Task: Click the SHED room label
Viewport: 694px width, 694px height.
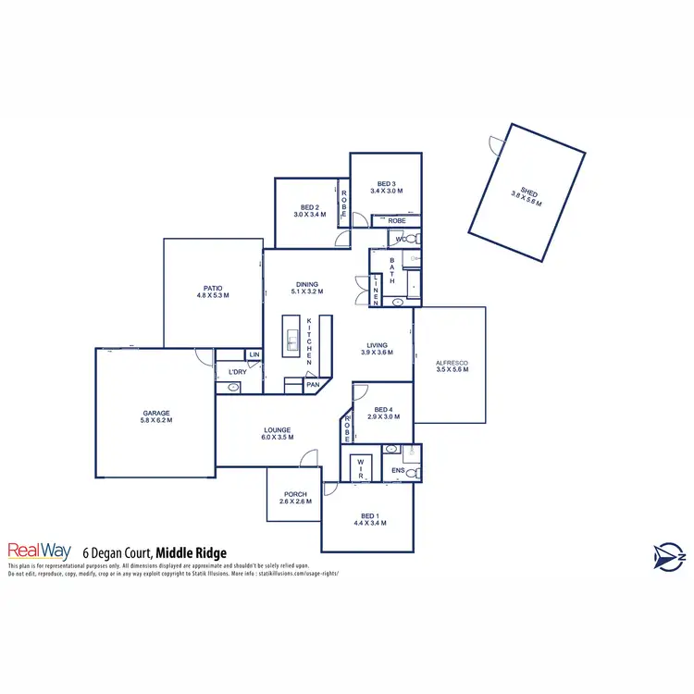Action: (527, 195)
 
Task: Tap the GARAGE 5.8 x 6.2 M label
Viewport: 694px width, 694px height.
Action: (156, 417)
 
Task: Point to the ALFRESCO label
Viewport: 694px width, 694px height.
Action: (452, 366)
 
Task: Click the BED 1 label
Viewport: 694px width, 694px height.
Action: (369, 519)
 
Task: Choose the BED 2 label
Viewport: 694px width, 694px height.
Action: (310, 210)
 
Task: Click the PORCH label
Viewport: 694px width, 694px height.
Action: (295, 498)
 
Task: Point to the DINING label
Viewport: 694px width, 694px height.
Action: (307, 288)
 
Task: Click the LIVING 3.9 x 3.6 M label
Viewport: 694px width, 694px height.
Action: (377, 349)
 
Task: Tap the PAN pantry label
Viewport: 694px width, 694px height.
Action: (313, 384)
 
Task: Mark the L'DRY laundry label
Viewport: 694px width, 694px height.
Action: (237, 372)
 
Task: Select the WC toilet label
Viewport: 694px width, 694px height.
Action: (400, 240)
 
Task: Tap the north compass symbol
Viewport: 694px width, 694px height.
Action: (666, 555)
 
